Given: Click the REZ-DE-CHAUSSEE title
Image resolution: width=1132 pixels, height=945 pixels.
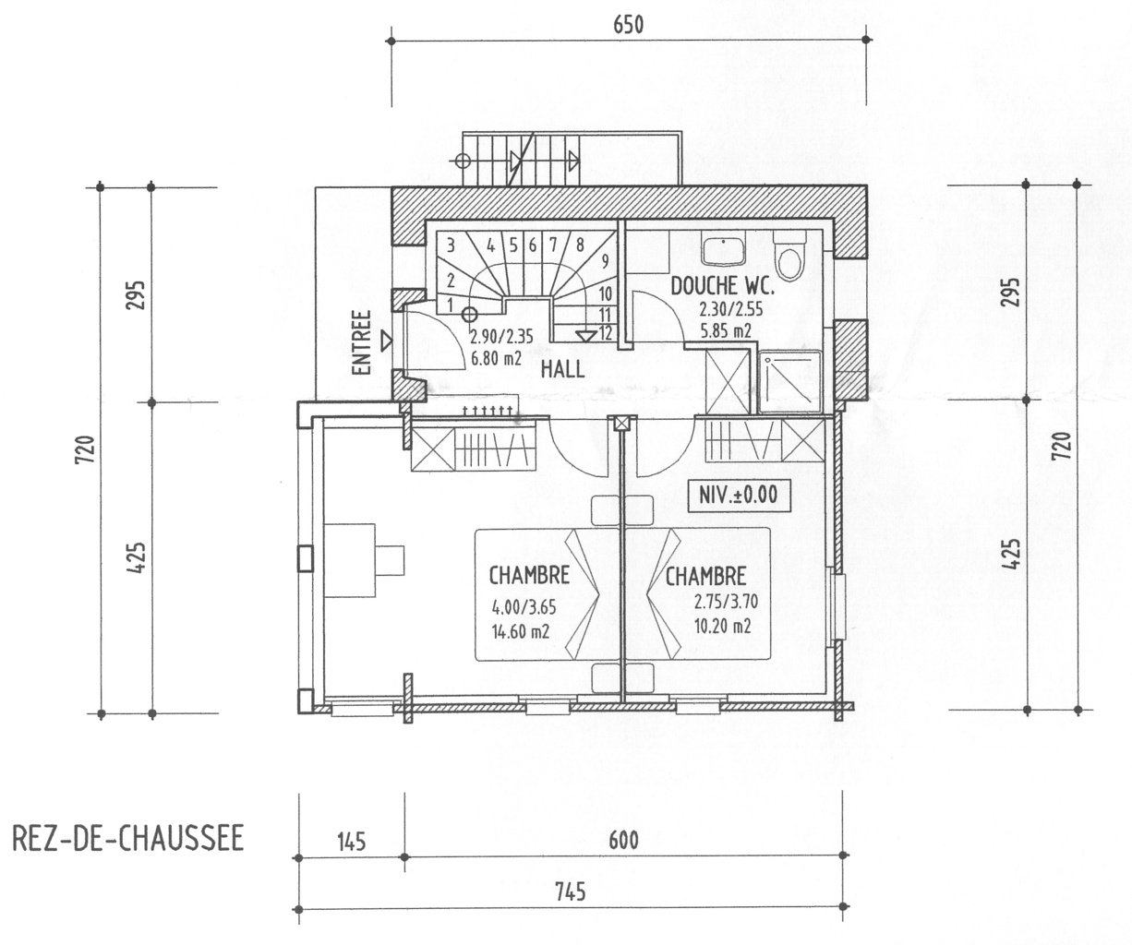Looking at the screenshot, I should (127, 840).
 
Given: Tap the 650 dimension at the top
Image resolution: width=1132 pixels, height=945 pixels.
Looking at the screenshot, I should (628, 25).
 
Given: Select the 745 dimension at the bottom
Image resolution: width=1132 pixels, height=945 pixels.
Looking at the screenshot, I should (571, 892).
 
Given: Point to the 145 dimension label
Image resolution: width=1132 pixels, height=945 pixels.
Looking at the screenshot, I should (351, 841).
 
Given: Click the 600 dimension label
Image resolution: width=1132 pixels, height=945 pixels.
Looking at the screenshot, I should (624, 841).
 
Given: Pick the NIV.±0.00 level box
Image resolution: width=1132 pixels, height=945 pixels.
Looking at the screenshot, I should (739, 496).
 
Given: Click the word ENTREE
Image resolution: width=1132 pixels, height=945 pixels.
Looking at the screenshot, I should (362, 341).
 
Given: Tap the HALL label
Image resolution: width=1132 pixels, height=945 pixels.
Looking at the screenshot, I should (562, 369).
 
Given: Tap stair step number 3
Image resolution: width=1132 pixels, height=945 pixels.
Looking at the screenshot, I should (450, 245).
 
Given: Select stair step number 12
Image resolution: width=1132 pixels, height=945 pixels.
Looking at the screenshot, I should (606, 333).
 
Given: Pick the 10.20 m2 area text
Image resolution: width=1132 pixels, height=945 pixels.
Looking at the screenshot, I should (721, 625).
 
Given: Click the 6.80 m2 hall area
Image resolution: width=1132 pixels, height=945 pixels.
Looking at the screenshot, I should (497, 354).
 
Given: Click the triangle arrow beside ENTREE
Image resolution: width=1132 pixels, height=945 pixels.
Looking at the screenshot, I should (386, 341).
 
